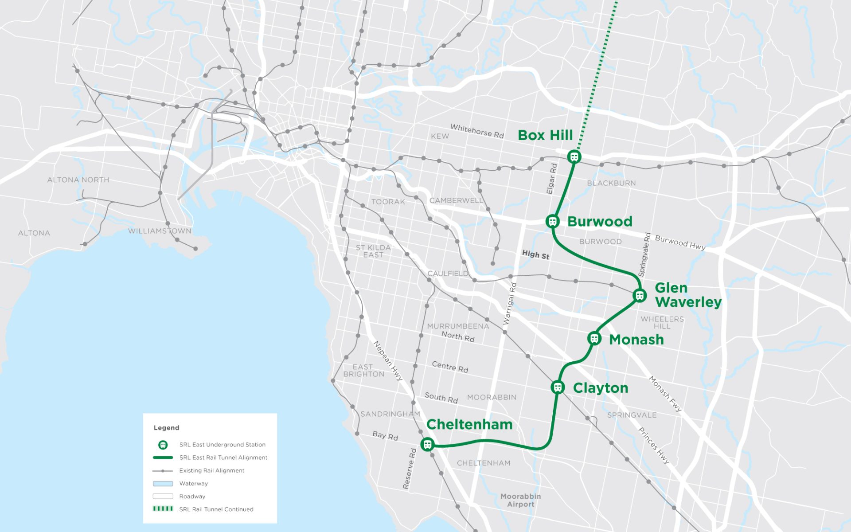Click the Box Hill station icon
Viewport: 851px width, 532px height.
[x=574, y=156]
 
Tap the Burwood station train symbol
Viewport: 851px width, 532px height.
[x=552, y=221]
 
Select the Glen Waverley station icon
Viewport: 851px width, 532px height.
[x=639, y=295]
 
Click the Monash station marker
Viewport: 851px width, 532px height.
[x=594, y=339]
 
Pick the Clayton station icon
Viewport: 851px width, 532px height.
[x=558, y=387]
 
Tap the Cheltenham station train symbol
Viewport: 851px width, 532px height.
[x=427, y=444]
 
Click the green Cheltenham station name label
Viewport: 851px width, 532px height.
[x=469, y=424]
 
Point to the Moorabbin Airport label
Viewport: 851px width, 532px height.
[x=520, y=500]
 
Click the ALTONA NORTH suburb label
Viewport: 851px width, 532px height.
[x=78, y=180]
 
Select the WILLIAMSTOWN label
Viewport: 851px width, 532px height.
[x=160, y=231]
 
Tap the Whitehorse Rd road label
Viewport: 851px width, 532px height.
[x=477, y=131]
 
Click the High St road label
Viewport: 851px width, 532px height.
[x=535, y=254]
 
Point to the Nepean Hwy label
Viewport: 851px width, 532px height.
[x=388, y=360]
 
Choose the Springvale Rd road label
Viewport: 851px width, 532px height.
[x=644, y=254]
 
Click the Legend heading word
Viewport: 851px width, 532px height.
[x=166, y=428]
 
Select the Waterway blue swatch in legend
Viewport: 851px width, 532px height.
[x=163, y=484]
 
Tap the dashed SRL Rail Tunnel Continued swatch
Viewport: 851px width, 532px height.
[x=163, y=509]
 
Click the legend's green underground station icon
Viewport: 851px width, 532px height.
[x=163, y=445]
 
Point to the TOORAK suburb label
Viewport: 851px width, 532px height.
[x=388, y=202]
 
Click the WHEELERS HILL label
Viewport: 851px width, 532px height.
[x=662, y=322]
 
